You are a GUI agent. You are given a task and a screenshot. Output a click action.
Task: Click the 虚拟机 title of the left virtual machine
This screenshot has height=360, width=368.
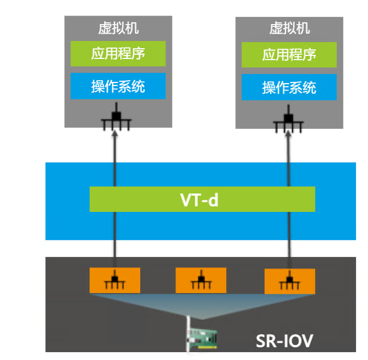point(118,28)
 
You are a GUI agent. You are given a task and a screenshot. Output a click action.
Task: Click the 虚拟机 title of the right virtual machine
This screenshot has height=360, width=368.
point(289,28)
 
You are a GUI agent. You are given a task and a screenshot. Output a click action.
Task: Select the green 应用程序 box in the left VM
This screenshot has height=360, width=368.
point(118,53)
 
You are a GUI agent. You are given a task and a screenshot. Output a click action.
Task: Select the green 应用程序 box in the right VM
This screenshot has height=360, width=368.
point(289,55)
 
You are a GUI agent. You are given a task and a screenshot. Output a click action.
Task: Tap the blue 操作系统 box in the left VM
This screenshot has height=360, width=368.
point(118,86)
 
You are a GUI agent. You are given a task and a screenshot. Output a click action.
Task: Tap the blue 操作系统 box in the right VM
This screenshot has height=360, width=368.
point(289,88)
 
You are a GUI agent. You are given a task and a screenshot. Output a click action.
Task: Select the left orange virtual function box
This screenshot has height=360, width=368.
point(115,280)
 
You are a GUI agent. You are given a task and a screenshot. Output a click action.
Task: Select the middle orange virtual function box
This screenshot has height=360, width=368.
point(200,280)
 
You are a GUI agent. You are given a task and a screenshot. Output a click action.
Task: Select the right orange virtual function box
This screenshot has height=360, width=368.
point(289,280)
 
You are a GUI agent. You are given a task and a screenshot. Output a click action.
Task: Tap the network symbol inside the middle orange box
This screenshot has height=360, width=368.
point(200,280)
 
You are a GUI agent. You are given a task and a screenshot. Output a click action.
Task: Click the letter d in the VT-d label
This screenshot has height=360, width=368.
point(213,199)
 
